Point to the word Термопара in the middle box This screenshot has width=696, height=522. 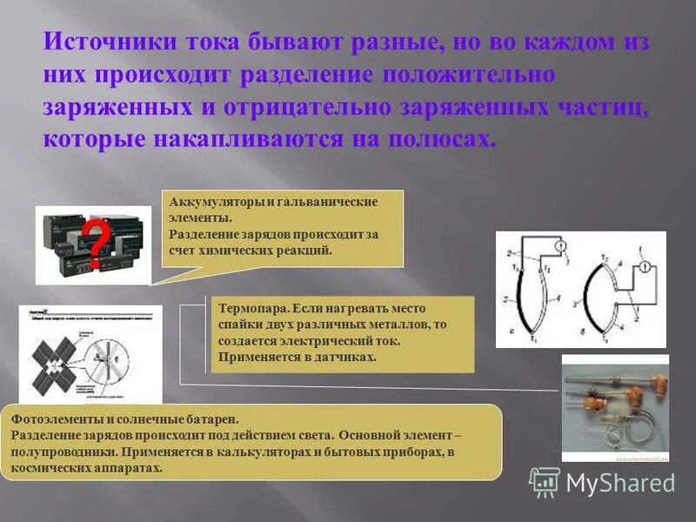click(x=253, y=309)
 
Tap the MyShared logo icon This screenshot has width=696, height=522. click(x=545, y=481)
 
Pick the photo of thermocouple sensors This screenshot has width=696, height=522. click(x=614, y=407)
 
